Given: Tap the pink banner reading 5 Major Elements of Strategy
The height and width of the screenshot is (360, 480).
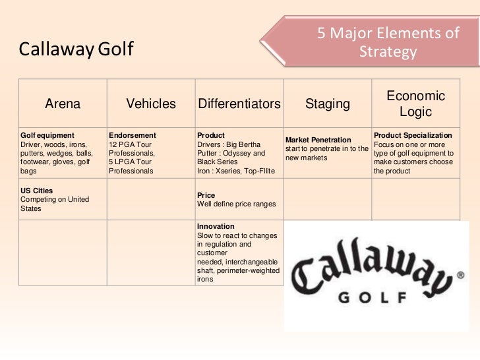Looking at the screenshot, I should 387,41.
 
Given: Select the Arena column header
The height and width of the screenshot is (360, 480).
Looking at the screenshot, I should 63,104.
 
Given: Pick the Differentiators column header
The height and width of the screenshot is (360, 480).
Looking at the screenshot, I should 238,104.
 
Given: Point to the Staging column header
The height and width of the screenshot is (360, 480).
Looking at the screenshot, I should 327,104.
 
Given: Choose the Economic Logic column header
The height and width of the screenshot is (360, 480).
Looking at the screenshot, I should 415,104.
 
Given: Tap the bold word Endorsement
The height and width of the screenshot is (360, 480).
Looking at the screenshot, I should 131,134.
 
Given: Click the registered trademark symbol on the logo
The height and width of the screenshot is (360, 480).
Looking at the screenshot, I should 460,277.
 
